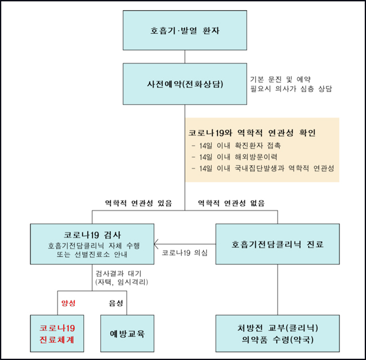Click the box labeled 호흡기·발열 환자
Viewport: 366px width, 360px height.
pyautogui.click(x=185, y=30)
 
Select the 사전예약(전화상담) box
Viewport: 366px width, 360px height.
pyautogui.click(x=185, y=84)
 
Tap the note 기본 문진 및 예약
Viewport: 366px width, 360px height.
pyautogui.click(x=280, y=79)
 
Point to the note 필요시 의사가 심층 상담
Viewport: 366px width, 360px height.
pyautogui.click(x=291, y=89)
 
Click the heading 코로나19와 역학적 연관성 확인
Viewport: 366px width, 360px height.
pyautogui.click(x=252, y=133)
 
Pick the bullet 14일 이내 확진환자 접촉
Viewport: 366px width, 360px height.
pyautogui.click(x=236, y=146)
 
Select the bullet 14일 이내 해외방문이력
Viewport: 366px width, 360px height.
pyautogui.click(x=234, y=157)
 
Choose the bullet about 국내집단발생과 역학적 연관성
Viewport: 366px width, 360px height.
pyautogui.click(x=263, y=168)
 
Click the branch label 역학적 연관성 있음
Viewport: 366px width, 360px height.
pyautogui.click(x=139, y=203)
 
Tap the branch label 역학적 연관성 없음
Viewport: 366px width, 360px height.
pyautogui.click(x=231, y=203)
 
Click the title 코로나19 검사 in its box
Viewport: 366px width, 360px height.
pyautogui.click(x=92, y=235)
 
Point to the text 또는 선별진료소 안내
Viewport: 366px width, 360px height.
pyautogui.click(x=92, y=254)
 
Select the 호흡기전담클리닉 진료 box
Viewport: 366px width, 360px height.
pyautogui.click(x=278, y=244)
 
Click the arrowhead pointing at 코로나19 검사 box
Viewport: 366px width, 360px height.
pyautogui.click(x=156, y=244)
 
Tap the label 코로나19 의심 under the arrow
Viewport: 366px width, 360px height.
pyautogui.click(x=185, y=253)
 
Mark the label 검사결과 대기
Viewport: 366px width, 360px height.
pyautogui.click(x=118, y=273)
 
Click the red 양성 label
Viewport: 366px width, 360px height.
pyautogui.click(x=68, y=303)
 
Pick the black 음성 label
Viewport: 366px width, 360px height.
pyautogui.click(x=116, y=303)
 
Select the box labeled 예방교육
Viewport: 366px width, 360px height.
pyautogui.click(x=127, y=334)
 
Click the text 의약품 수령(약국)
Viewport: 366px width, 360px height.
pyautogui.click(x=278, y=340)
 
